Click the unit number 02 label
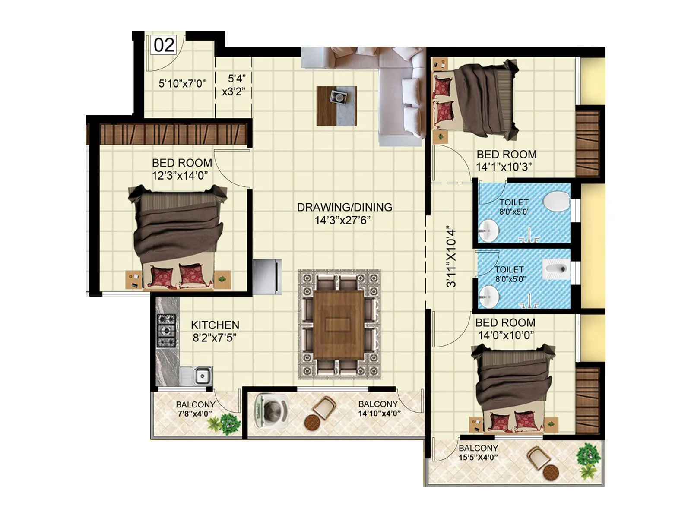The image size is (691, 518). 164,45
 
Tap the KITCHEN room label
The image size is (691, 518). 215,325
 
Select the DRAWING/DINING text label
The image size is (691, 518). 345,207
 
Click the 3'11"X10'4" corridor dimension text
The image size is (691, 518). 451,256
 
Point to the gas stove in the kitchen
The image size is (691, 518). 166,331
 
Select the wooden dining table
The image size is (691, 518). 339,324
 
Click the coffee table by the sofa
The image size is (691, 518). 336,106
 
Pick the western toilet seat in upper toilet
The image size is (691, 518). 555,202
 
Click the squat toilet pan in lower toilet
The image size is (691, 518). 556,270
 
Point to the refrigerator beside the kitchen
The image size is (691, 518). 267,276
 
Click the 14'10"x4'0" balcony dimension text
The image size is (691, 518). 379,413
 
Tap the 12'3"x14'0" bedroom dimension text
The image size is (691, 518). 180,176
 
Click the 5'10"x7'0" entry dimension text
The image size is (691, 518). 182,83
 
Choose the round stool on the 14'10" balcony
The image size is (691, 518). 312,422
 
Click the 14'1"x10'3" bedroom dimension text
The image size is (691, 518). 504,167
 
